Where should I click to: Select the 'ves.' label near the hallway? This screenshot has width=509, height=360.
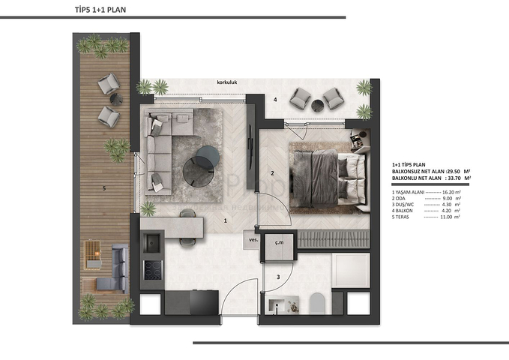click(253, 240)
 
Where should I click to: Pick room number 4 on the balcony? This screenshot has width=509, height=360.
click(275, 100)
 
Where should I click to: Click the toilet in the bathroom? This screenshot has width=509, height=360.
click(315, 303)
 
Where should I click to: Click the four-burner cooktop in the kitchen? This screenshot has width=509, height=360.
click(153, 268)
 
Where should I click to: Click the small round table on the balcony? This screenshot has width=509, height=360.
click(331, 95)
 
